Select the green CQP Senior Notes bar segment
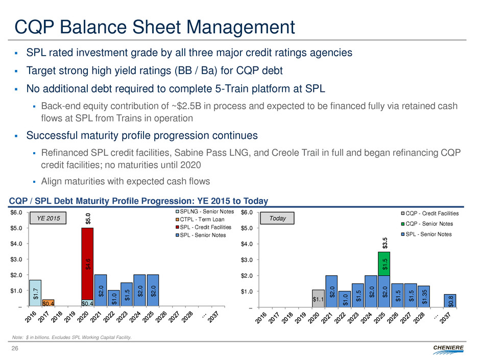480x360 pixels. point(383,263)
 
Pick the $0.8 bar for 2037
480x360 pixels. point(449,301)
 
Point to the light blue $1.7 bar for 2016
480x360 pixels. point(35,293)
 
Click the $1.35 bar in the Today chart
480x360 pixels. point(423,294)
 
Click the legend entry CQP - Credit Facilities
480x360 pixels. point(428,213)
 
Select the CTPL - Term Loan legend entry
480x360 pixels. point(203,220)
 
